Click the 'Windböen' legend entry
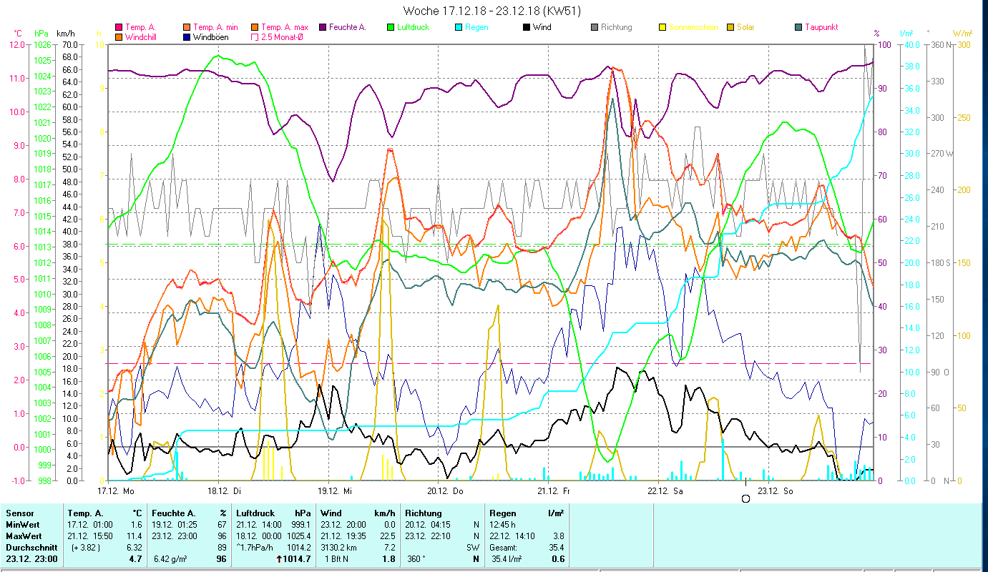[x=210, y=36]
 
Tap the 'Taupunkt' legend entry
[x=821, y=27]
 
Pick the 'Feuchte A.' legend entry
[x=347, y=27]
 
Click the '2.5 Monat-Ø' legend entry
[x=280, y=36]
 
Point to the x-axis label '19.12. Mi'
[x=334, y=491]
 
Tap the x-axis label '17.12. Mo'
[x=115, y=491]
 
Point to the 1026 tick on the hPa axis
[x=42, y=44]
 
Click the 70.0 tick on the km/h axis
[x=70, y=44]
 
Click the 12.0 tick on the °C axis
[x=17, y=44]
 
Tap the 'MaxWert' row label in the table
[x=24, y=536]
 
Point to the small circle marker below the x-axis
[x=746, y=498]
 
